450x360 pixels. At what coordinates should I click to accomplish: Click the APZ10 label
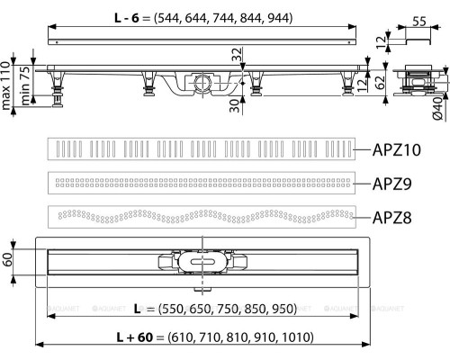tap(395, 149)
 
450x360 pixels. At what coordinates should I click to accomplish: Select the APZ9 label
tap(392, 184)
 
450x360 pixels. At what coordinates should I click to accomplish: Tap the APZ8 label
tap(392, 216)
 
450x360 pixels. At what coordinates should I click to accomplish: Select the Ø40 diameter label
tap(439, 112)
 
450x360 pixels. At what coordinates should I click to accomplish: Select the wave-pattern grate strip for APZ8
tap(197, 216)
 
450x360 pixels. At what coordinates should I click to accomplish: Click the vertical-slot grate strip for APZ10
tap(197, 148)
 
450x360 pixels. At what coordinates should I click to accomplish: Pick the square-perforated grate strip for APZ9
tap(197, 183)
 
